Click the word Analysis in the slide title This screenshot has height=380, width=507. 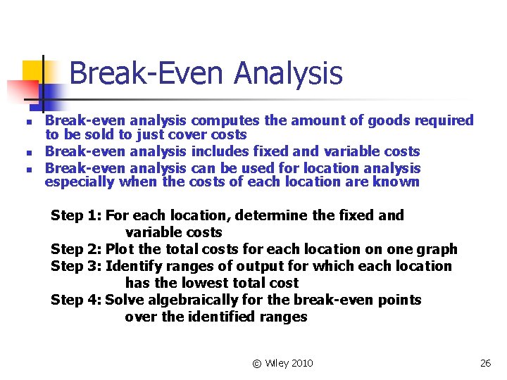pyautogui.click(x=289, y=73)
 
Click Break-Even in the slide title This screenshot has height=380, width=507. pyautogui.click(x=148, y=73)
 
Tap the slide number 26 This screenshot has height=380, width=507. pyautogui.click(x=484, y=363)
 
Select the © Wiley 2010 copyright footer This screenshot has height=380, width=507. pyautogui.click(x=282, y=363)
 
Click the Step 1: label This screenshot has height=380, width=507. pyautogui.click(x=76, y=215)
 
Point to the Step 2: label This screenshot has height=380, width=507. pyautogui.click(x=76, y=249)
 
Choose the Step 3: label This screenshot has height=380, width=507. pyautogui.click(x=76, y=266)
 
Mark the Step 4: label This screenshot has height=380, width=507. pyautogui.click(x=76, y=300)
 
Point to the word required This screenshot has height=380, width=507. pyautogui.click(x=444, y=120)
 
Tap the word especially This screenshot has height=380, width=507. pyautogui.click(x=79, y=182)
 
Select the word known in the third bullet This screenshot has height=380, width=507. pyautogui.click(x=399, y=182)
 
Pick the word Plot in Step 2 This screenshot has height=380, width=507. pyautogui.click(x=120, y=249)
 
